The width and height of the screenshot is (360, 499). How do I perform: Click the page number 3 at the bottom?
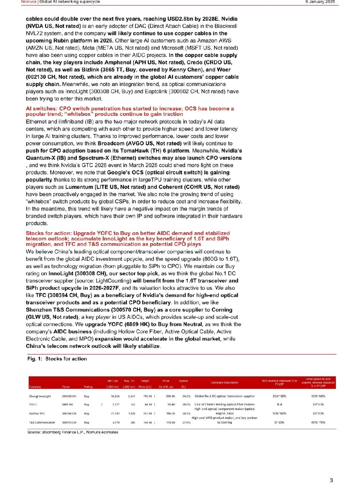(x=331, y=480)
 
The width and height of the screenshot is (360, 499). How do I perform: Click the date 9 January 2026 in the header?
(x=320, y=2)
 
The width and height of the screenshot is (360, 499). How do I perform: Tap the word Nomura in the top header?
(x=29, y=2)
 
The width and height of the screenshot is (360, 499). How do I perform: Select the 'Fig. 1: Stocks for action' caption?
(x=57, y=359)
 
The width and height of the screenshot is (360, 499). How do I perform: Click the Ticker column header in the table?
(x=66, y=387)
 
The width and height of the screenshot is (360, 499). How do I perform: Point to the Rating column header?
(x=88, y=387)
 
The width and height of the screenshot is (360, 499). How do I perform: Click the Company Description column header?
(x=224, y=383)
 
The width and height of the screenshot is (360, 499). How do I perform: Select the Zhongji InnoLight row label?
(x=40, y=396)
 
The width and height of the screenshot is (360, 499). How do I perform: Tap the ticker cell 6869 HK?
(x=67, y=404)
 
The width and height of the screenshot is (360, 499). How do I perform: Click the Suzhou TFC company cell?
(x=37, y=413)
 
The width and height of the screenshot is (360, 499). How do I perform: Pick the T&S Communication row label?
(x=42, y=422)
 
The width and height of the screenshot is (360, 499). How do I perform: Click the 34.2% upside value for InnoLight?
(x=186, y=396)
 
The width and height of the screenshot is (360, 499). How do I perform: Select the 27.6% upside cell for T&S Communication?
(x=186, y=422)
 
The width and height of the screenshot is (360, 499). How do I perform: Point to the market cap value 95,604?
(x=115, y=396)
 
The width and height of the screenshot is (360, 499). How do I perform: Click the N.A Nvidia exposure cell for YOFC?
(x=279, y=404)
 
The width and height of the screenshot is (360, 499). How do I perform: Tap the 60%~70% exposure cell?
(x=318, y=422)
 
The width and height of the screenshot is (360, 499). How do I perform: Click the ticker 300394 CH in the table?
(x=69, y=413)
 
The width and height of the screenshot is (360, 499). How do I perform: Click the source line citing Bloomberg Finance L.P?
(x=73, y=432)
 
